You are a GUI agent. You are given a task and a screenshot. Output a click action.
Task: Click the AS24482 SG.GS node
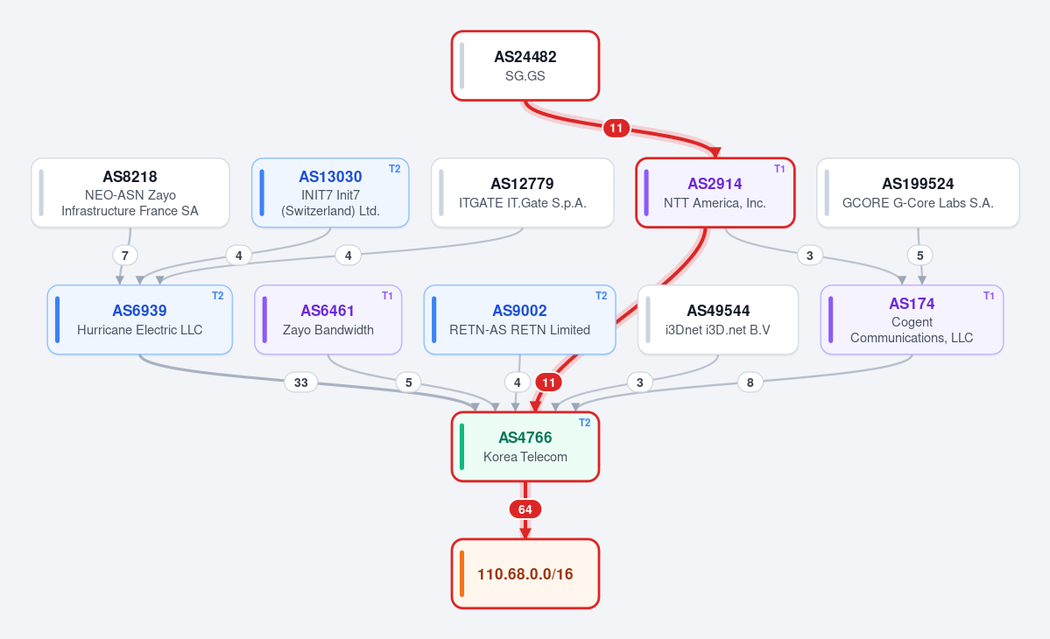click(x=525, y=66)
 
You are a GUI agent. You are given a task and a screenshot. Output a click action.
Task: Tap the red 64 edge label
click(x=525, y=509)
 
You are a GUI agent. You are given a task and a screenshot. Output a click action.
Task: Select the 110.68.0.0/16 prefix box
click(x=525, y=573)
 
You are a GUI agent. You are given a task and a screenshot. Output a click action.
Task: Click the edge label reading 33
click(x=300, y=382)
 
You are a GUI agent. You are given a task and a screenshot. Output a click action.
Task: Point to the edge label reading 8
click(x=750, y=382)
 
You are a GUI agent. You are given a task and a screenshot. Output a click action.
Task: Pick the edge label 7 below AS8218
click(x=124, y=255)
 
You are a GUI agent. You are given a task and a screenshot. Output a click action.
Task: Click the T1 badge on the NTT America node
click(x=779, y=169)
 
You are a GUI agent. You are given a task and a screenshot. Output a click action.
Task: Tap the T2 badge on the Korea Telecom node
click(x=585, y=423)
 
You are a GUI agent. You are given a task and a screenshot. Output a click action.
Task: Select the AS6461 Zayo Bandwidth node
click(x=328, y=319)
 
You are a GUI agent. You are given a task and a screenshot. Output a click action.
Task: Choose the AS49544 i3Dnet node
click(x=718, y=319)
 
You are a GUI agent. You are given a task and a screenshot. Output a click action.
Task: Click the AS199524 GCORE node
click(x=918, y=193)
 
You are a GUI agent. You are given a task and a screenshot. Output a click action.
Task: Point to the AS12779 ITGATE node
click(x=522, y=193)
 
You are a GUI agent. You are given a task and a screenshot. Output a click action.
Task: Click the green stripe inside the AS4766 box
click(x=462, y=446)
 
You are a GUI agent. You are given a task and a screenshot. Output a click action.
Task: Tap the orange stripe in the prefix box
click(x=462, y=573)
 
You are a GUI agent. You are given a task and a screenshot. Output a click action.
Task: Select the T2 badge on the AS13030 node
click(x=394, y=169)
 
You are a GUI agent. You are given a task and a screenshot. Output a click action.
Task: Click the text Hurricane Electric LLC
click(x=139, y=330)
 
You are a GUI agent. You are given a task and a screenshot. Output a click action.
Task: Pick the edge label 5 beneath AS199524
click(x=920, y=255)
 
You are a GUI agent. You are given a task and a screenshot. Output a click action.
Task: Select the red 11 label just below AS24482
click(x=616, y=128)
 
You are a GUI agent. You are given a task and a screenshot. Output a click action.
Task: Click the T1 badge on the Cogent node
click(x=989, y=296)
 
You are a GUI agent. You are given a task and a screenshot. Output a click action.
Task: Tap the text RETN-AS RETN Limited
click(x=519, y=330)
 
